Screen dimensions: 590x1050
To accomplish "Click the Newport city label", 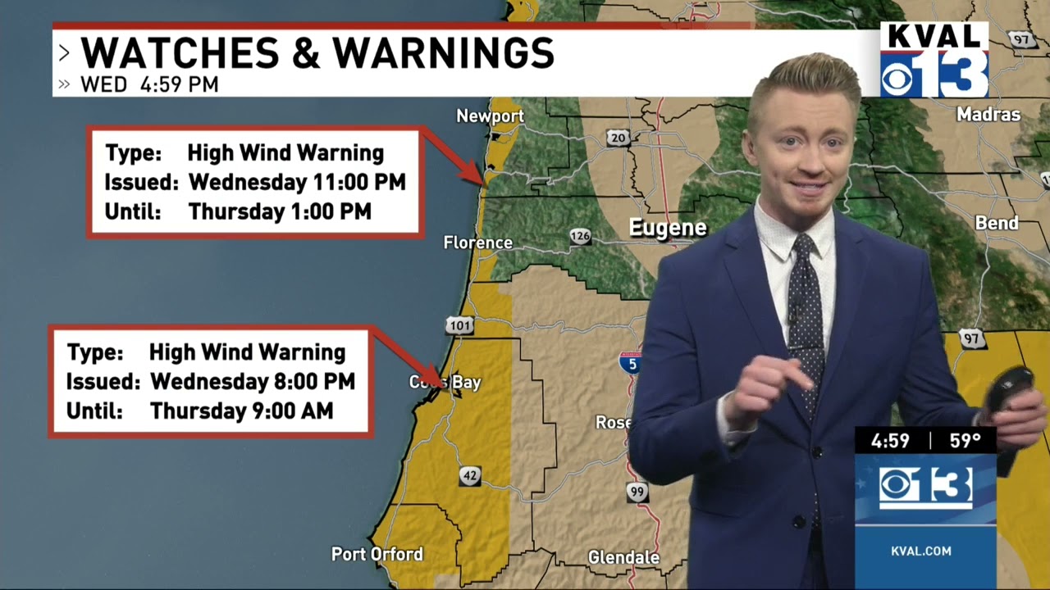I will pos(490,116).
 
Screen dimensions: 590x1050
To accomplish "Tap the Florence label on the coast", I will pos(477,243).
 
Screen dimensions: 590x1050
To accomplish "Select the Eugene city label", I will pos(667,228).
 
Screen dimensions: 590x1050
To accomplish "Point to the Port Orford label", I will pos(377,555).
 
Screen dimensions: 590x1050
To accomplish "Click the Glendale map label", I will pos(623,558).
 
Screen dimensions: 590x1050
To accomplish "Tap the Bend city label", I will pos(997,223).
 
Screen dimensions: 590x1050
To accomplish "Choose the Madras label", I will pos(988,115).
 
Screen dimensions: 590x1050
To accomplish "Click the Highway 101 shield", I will pos(460,326).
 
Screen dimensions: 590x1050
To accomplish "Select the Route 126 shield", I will pos(580,237).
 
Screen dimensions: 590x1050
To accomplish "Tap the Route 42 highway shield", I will pos(469,476).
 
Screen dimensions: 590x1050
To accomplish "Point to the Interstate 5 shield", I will pos(629,362).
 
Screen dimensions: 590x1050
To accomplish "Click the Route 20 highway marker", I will pos(618,138).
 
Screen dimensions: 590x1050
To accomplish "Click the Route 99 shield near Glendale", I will pos(637,492).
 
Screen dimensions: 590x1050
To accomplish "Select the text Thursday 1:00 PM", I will pos(280,211).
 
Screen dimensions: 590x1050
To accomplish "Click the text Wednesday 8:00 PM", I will pos(253,381).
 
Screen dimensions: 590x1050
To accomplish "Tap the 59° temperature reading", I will pos(965,441).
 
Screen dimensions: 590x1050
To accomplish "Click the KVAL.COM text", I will pos(921,551).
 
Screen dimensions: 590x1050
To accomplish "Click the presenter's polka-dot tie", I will pos(806,311).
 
